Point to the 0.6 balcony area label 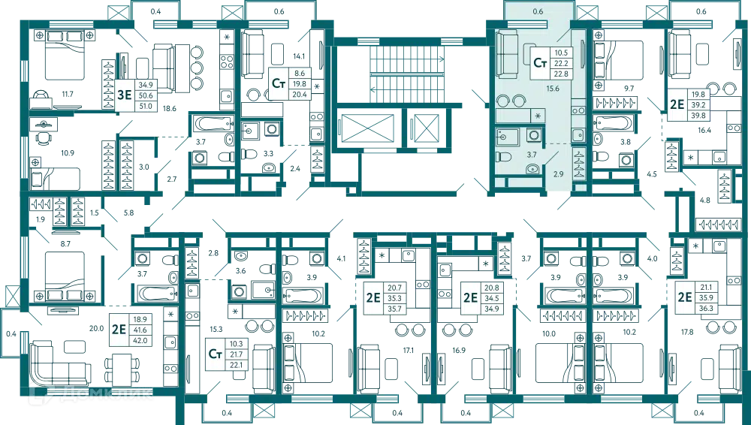click(538, 11)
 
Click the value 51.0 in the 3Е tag click(146, 106)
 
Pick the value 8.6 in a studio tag click(300, 74)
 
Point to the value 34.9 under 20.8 click(492, 308)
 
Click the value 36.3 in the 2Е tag click(707, 308)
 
